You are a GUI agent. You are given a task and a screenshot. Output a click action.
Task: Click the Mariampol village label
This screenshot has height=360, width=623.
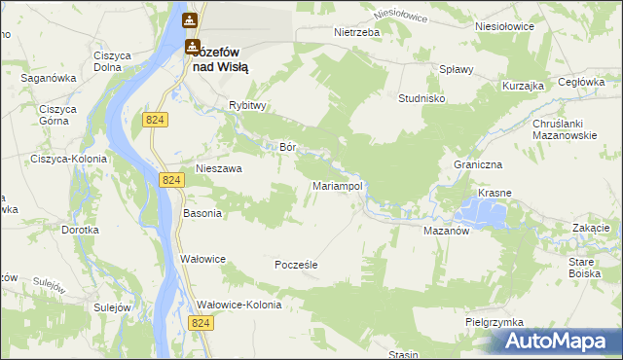coord(338,185)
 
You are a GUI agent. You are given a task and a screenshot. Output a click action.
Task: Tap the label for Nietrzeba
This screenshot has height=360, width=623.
coord(355,32)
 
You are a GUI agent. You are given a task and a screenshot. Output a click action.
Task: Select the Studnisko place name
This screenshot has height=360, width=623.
coord(422,98)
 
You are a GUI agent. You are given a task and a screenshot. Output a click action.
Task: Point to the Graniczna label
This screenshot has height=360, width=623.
coord(476,164)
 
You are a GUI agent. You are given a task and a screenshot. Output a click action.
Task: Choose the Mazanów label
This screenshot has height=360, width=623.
coord(447,233)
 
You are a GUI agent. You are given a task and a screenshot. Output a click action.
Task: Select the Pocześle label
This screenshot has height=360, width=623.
coord(296,264)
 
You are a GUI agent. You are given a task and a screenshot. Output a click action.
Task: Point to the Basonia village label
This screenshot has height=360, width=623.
coord(202,212)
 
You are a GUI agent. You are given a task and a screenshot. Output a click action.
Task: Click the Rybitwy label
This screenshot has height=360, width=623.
coord(248,105)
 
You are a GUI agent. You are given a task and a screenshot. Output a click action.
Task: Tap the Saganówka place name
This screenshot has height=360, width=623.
coord(50,75)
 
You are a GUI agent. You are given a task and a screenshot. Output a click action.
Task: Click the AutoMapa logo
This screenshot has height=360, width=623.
coord(556,342)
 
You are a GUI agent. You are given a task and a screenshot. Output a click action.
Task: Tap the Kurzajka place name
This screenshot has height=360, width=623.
coord(523,86)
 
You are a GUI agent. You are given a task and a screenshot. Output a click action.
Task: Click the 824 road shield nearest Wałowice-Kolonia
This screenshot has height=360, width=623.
coord(202,323)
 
